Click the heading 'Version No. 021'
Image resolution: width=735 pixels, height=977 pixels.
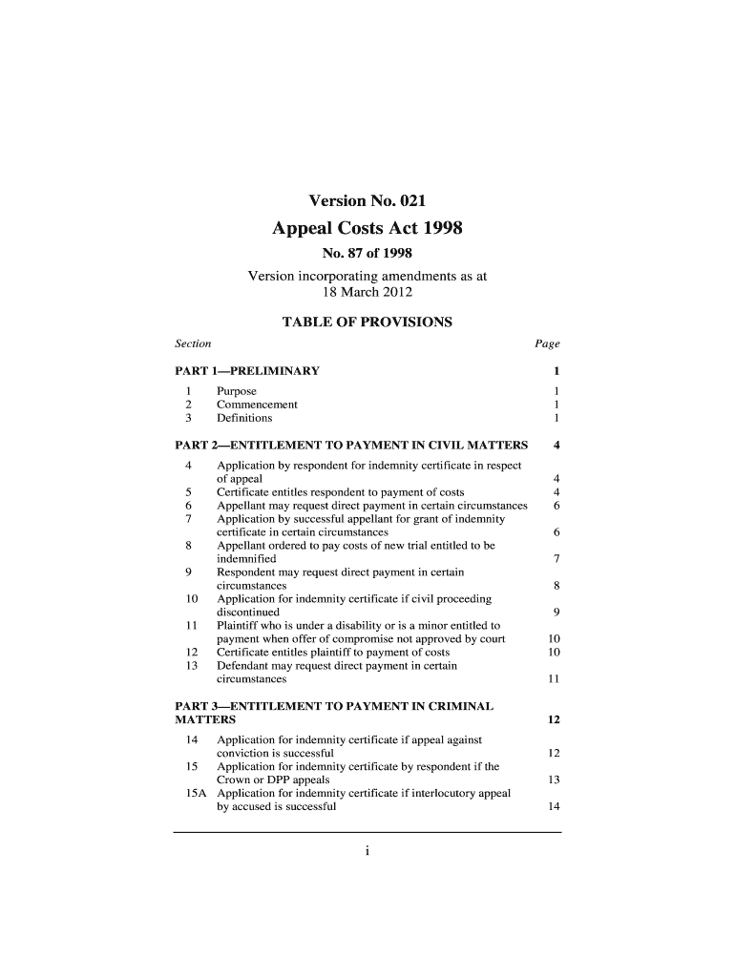(367, 200)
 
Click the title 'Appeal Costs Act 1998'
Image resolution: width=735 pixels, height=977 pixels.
(367, 229)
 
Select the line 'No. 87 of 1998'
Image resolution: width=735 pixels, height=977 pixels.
(367, 254)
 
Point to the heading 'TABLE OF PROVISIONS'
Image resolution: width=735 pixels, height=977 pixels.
(367, 322)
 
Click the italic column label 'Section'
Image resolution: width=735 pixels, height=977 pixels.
(193, 343)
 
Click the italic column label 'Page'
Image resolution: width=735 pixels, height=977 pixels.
(548, 343)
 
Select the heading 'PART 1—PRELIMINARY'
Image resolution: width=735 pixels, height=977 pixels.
(247, 371)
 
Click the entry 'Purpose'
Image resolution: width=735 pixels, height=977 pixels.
(237, 391)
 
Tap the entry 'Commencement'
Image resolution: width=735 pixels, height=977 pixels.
(257, 405)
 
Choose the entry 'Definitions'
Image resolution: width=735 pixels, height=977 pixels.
(244, 418)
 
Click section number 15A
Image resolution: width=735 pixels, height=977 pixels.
(192, 793)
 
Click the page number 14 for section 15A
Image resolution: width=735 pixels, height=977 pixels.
(553, 806)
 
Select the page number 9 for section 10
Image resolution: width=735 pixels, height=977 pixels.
(556, 612)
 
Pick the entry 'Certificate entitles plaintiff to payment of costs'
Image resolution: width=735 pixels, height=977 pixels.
(341, 652)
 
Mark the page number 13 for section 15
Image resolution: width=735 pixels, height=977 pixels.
(553, 780)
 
